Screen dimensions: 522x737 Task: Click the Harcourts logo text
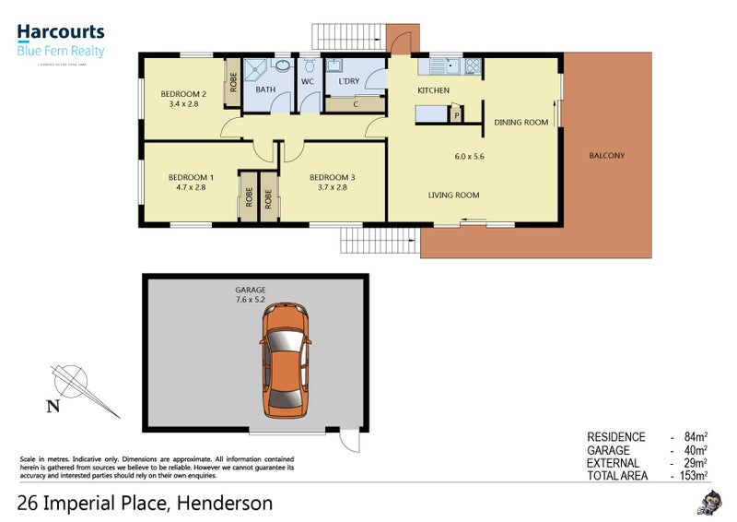pyautogui.click(x=61, y=33)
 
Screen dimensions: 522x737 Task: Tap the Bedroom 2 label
pyautogui.click(x=183, y=93)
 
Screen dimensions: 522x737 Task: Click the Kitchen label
pyautogui.click(x=433, y=90)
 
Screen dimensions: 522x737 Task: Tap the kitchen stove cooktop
pyautogui.click(x=472, y=66)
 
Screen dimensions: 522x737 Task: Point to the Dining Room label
pyautogui.click(x=521, y=122)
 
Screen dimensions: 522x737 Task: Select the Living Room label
pyautogui.click(x=453, y=195)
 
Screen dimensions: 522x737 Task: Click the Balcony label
pyautogui.click(x=606, y=155)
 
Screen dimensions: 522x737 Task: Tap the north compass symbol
pyautogui.click(x=74, y=383)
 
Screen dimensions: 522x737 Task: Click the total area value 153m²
pyautogui.click(x=693, y=476)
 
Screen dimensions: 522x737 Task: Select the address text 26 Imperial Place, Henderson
pyautogui.click(x=145, y=504)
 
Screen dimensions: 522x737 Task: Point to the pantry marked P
pyautogui.click(x=455, y=114)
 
